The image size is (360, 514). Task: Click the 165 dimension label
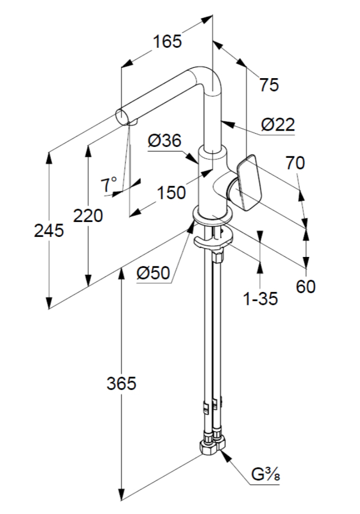pyautogui.click(x=167, y=41)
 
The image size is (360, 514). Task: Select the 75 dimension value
pyautogui.click(x=268, y=85)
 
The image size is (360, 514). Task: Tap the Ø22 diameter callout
pyautogui.click(x=278, y=124)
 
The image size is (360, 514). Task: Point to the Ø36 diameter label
pyautogui.click(x=164, y=140)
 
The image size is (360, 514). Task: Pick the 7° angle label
pyautogui.click(x=109, y=184)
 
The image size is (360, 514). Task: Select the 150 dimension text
pyautogui.click(x=171, y=193)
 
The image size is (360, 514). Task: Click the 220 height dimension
pyautogui.click(x=88, y=215)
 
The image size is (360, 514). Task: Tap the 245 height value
pyautogui.click(x=49, y=231)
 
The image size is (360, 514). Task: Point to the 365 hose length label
pyautogui.click(x=121, y=383)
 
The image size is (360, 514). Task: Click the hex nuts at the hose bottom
pyautogui.click(x=212, y=444)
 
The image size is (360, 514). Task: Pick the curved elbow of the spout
pyautogui.click(x=206, y=77)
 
